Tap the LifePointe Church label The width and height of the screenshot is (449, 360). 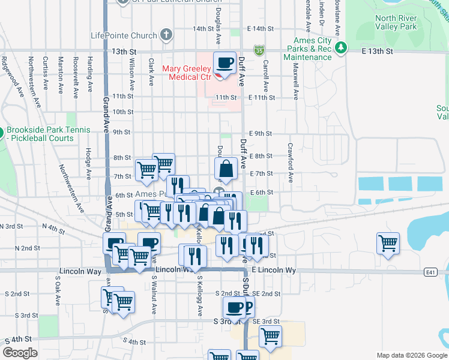point(124,35)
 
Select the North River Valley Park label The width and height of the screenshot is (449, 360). point(396,23)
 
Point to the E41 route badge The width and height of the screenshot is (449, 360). point(430,272)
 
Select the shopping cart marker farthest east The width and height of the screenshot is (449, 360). point(388,243)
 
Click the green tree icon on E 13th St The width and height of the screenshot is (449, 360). point(342,47)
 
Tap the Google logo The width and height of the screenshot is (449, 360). point(20,353)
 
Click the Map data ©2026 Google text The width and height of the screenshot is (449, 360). point(412,355)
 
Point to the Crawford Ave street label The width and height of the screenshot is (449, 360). point(291,163)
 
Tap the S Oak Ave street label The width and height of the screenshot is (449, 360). point(58,287)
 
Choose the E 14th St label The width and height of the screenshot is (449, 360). point(261,29)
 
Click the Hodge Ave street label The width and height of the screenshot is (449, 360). point(88,161)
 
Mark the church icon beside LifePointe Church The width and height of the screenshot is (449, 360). point(166,35)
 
